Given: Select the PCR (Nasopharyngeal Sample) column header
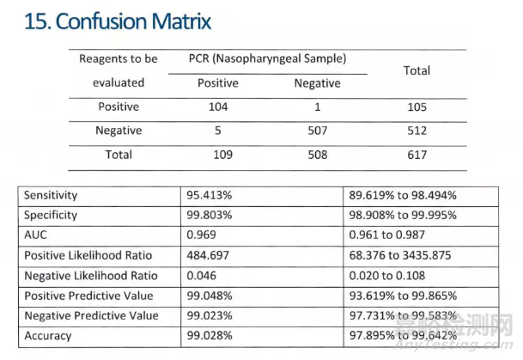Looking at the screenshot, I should pos(267,58).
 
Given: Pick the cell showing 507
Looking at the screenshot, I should pos(317,131).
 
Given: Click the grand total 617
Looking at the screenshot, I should pos(417,156).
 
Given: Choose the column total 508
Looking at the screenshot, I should pos(317,156).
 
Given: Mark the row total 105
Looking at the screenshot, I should pos(417,108).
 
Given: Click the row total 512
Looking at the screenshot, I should pos(417,131).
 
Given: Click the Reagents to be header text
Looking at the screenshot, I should pos(119,58).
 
